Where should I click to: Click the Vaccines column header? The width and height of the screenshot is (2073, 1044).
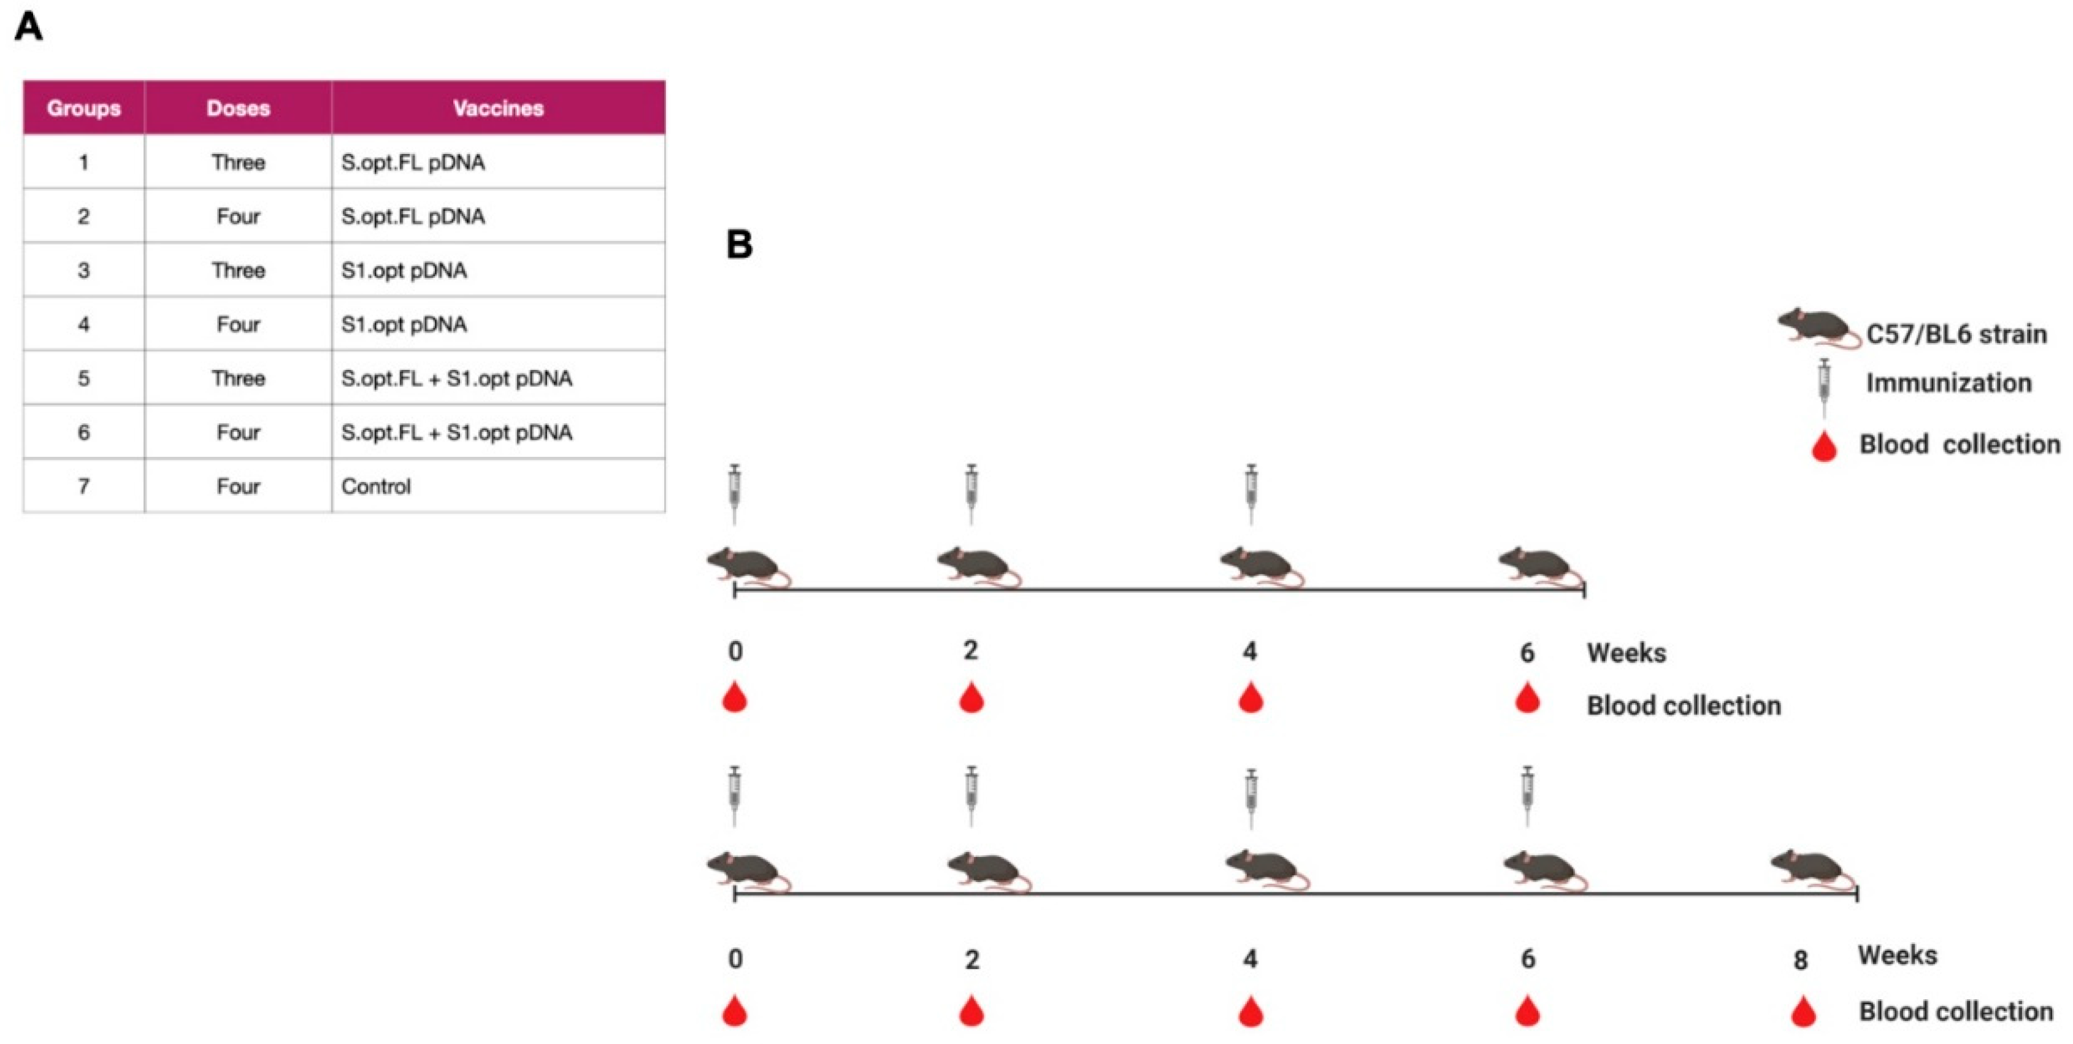click(x=498, y=108)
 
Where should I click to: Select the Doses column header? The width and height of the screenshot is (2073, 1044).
click(x=238, y=108)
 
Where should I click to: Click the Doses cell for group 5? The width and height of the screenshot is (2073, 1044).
click(x=238, y=378)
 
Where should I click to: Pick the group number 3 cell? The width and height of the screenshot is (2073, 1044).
click(x=83, y=271)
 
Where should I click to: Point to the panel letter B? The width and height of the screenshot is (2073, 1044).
click(x=740, y=245)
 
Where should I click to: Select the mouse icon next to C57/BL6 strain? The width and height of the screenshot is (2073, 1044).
click(x=1818, y=328)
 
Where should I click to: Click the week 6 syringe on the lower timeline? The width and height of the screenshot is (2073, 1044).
click(x=1527, y=796)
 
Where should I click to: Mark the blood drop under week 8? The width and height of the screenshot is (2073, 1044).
click(x=1803, y=1012)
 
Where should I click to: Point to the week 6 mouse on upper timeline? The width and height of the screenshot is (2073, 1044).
click(x=1540, y=567)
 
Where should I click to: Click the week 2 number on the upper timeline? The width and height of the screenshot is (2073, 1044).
click(x=970, y=650)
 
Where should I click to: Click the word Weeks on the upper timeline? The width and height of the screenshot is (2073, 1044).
click(x=1627, y=653)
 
